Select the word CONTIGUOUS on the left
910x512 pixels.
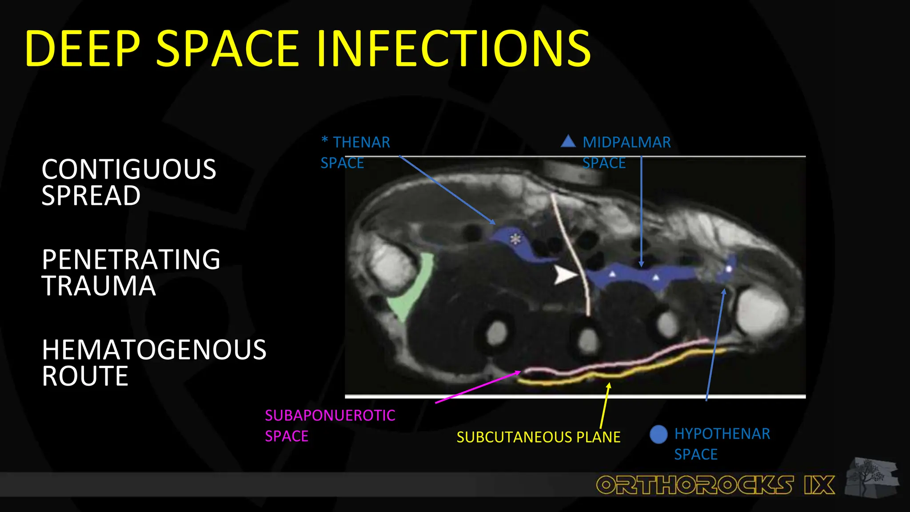(x=129, y=169)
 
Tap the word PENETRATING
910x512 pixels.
(x=131, y=260)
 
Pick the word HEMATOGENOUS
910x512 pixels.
(x=154, y=350)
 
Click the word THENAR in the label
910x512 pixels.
(x=361, y=142)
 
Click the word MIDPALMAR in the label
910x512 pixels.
(x=627, y=142)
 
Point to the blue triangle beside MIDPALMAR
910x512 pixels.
(x=568, y=142)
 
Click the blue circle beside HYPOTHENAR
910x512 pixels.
(x=659, y=434)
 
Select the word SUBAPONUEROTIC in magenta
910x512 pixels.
(x=330, y=415)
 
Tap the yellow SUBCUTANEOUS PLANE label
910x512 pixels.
(x=539, y=437)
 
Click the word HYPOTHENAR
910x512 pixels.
(x=722, y=434)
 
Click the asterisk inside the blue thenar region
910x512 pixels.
(x=515, y=239)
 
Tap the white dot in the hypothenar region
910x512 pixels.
(x=729, y=269)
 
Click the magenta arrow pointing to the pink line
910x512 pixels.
(x=478, y=387)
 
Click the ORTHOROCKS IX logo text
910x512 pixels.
(x=715, y=485)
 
